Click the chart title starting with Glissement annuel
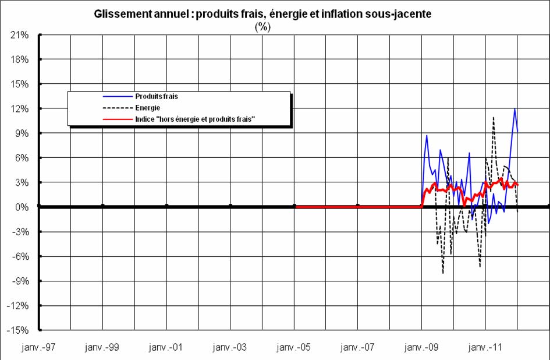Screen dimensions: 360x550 (262, 15)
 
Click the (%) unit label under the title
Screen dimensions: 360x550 (263, 26)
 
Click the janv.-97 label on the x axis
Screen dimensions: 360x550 (39, 348)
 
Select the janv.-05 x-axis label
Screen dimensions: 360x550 (294, 348)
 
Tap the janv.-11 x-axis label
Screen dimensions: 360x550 (485, 348)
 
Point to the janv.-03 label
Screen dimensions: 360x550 (230, 348)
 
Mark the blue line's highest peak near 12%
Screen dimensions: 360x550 (514, 109)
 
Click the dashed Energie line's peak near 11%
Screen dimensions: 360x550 (494, 117)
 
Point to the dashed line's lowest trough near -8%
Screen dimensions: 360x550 (443, 273)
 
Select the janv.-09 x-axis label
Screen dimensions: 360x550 (421, 348)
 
